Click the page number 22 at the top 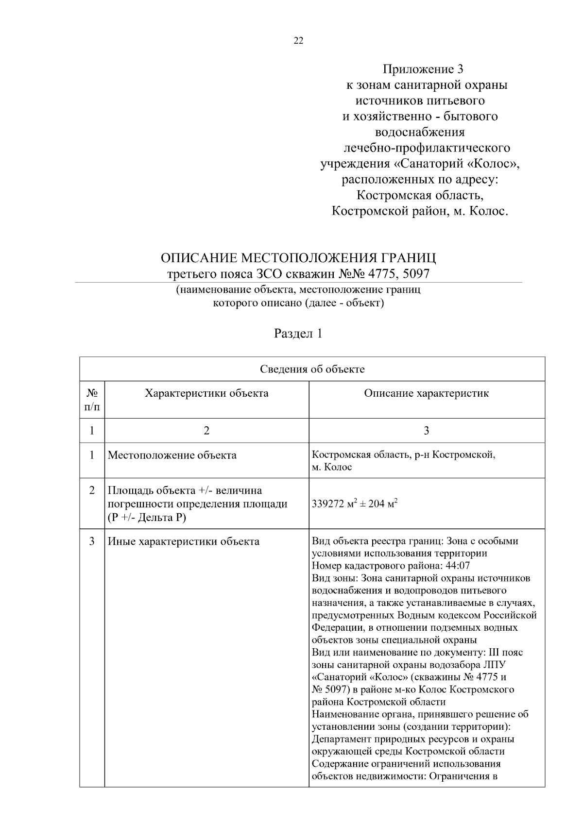[x=298, y=41]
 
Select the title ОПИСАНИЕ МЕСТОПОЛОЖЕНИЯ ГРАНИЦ [x=298, y=257]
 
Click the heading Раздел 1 [x=298, y=334]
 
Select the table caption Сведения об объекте [x=312, y=369]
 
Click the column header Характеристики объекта [x=206, y=393]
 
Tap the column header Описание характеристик [x=427, y=393]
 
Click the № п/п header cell [x=92, y=399]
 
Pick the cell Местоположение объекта [x=172, y=455]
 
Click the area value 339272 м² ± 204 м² [x=355, y=504]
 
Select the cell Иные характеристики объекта [x=183, y=541]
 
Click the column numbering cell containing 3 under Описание [x=427, y=431]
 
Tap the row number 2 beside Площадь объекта [x=92, y=490]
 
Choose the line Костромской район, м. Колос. [x=419, y=211]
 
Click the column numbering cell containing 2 [x=206, y=431]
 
